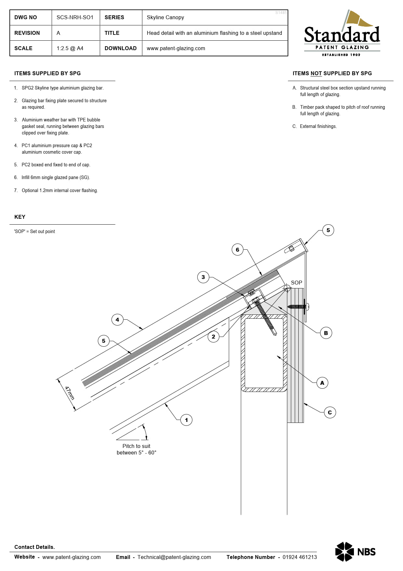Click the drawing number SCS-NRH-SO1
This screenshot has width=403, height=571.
pos(75,17)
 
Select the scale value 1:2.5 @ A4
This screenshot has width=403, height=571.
pos(70,48)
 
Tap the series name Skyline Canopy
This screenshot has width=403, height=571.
pos(165,17)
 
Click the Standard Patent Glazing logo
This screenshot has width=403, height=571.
pos(342,34)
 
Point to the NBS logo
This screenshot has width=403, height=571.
pos(355,552)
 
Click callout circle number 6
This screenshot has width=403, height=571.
pos(238,250)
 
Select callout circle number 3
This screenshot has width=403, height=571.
pos(203,277)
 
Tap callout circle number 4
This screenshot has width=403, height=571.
pos(117,320)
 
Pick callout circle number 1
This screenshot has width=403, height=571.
pos(186,420)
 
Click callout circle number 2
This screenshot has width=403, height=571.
pos(214,337)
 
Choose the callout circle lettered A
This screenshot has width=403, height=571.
pos(322,383)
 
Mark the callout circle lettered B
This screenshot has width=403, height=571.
pos(326,333)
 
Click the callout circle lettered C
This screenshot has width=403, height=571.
pos(330,412)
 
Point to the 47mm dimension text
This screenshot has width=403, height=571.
pos(70,393)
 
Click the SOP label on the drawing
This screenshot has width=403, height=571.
pos(296,283)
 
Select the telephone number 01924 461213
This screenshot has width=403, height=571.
pos(300,557)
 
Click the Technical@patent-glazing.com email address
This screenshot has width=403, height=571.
pos(174,557)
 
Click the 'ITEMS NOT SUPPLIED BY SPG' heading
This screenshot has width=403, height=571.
pos(332,73)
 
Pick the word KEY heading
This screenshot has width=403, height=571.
pos(20,217)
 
